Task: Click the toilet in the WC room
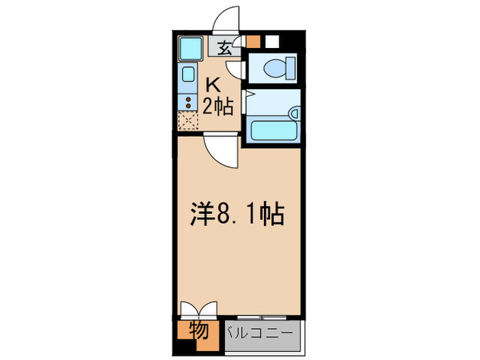(278, 68)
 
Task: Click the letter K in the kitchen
(213, 85)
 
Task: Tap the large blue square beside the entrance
(189, 48)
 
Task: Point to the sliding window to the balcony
(261, 317)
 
